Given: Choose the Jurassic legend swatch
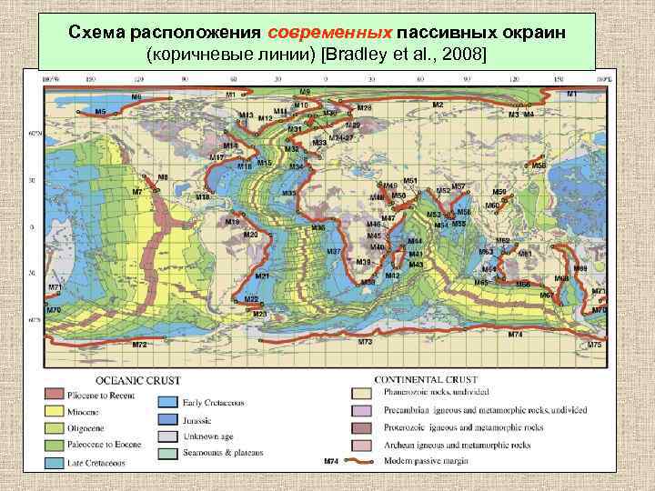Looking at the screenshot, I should [167, 418].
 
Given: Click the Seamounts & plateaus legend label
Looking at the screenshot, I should [227, 452].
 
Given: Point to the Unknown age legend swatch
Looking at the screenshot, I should [167, 436].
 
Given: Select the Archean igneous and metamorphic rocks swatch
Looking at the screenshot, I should [360, 445].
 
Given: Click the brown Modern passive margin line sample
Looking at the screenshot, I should [368, 462].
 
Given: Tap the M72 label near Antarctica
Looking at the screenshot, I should [139, 345].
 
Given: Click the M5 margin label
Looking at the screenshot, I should [100, 111].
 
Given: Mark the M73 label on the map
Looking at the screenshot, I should [365, 341].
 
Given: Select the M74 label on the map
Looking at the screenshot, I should [515, 335].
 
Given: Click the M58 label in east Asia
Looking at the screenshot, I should [539, 166].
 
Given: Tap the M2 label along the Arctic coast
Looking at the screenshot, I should [438, 105].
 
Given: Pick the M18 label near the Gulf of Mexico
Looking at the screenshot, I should [202, 196].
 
